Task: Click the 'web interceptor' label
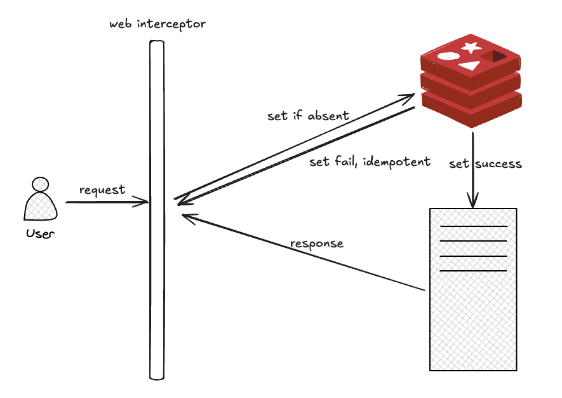click(x=157, y=24)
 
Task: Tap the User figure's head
click(x=41, y=184)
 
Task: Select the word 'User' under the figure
click(x=41, y=233)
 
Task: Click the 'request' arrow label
click(x=102, y=190)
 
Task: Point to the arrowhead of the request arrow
click(x=145, y=202)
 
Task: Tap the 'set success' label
click(x=486, y=164)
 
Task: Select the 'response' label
click(x=316, y=244)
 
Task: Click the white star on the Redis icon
click(x=471, y=46)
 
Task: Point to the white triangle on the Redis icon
click(x=469, y=65)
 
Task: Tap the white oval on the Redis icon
click(x=448, y=55)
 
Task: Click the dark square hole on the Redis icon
click(x=493, y=57)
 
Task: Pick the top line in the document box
click(x=473, y=226)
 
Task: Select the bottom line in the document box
click(x=473, y=271)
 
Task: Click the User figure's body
click(x=41, y=207)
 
